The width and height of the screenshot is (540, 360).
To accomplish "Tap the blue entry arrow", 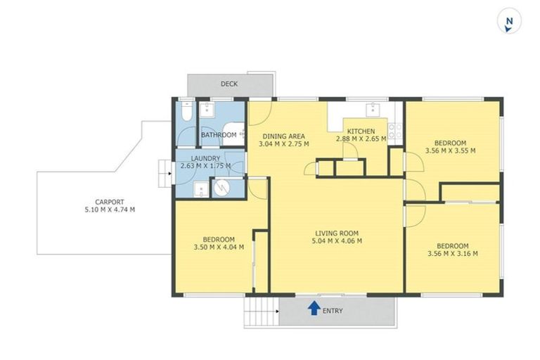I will tap(314, 308).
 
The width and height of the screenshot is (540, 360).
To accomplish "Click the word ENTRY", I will tap(333, 311).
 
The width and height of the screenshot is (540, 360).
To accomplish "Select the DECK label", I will tap(229, 84).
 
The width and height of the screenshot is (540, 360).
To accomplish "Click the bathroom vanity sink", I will tap(208, 110).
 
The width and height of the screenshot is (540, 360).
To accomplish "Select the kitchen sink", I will tap(372, 109).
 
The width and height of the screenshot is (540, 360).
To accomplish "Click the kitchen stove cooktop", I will tap(395, 129).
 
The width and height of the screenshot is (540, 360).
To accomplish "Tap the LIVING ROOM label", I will tap(336, 233).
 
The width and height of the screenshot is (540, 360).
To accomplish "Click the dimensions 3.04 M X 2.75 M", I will tap(283, 144).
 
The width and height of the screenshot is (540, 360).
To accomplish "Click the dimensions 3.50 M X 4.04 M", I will tap(219, 247).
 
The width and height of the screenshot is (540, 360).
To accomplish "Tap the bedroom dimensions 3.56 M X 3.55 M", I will tap(450, 150).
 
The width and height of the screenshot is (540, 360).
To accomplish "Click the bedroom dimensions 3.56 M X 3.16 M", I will tap(452, 254).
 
